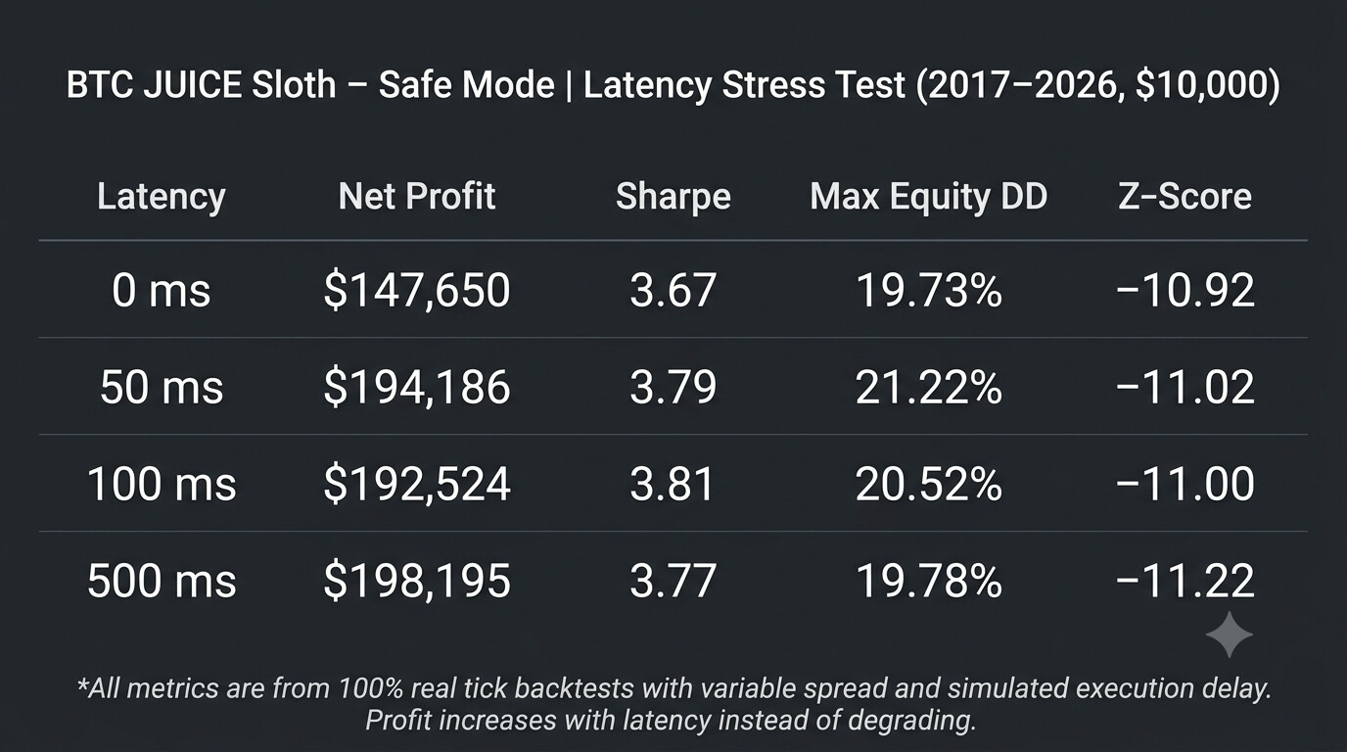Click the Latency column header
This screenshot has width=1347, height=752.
162,197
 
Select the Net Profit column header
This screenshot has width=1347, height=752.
417,196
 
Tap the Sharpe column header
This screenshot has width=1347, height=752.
673,197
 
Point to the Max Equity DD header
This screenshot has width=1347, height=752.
928,197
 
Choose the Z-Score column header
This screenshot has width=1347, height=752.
1184,196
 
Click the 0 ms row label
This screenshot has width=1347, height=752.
162,291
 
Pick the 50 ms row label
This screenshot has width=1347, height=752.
162,387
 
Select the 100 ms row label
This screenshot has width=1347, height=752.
162,484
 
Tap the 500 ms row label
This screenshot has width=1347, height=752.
162,581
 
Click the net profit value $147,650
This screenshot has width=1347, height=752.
417,291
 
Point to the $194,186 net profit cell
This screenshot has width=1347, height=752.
417,387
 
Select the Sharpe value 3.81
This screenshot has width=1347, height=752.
672,484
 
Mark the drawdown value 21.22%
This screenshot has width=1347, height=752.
928,387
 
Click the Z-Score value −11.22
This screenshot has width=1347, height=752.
1184,581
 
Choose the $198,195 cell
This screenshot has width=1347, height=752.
417,581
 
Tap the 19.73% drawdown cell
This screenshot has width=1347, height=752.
928,291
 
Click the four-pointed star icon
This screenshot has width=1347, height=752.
1230,634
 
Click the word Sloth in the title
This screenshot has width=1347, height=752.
294,84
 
